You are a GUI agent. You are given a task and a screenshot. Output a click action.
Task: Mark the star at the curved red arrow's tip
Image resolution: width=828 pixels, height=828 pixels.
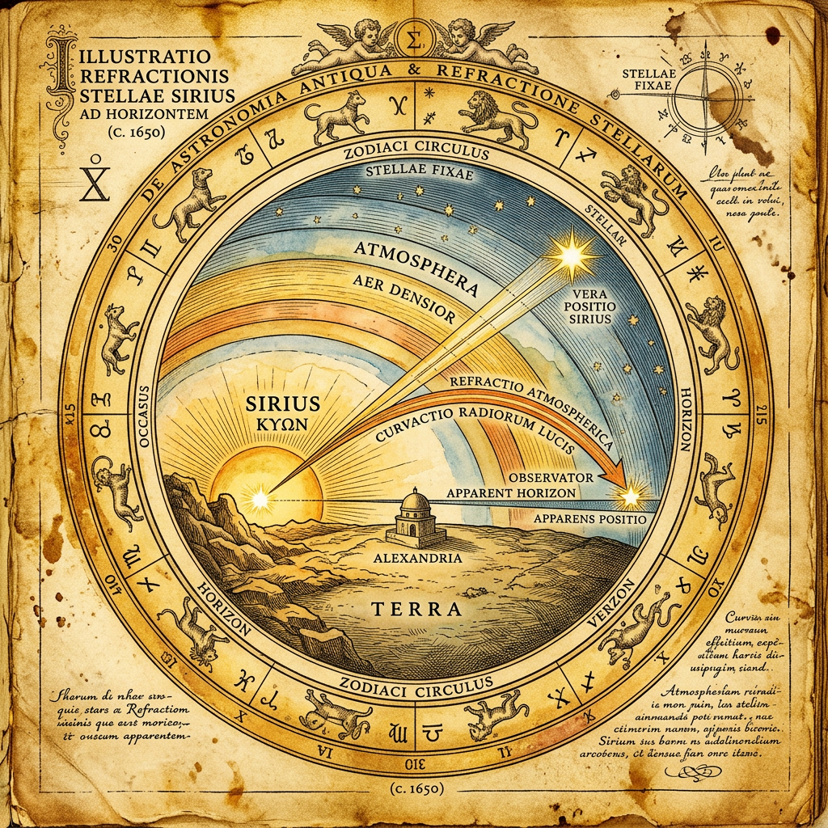coord(630,492)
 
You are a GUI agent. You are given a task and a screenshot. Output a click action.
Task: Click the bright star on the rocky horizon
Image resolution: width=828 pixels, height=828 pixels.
coord(260,499)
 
